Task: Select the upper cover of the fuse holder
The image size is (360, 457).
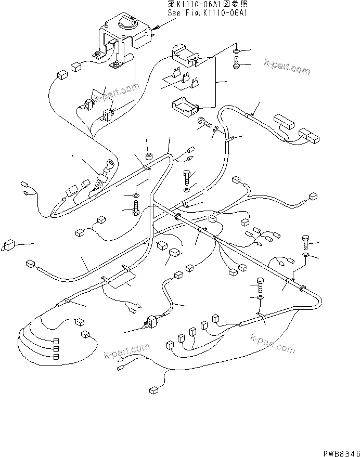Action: coord(185,54)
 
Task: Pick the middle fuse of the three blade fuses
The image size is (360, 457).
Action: coord(185,79)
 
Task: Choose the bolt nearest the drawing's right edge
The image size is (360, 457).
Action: coord(306,241)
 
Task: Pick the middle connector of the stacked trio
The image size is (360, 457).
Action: coord(56,349)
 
